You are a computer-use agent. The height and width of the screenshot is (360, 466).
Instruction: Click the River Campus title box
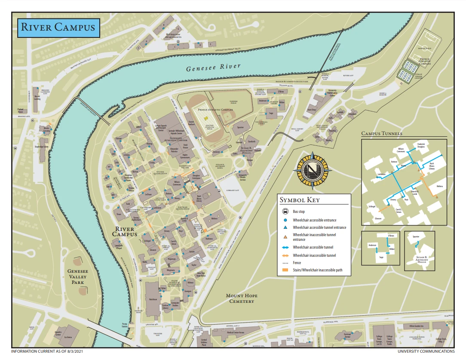pyautogui.click(x=58, y=28)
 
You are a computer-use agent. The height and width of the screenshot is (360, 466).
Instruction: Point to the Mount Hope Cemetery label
pyautogui.click(x=240, y=298)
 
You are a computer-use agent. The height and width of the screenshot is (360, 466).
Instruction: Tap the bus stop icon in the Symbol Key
pyautogui.click(x=285, y=212)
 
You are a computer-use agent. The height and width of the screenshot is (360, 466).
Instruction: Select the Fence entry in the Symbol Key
pyautogui.click(x=297, y=263)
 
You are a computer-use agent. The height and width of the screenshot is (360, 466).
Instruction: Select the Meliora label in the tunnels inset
pyautogui.click(x=439, y=186)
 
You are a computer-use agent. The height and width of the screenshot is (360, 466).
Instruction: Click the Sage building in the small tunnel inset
pyautogui.click(x=381, y=258)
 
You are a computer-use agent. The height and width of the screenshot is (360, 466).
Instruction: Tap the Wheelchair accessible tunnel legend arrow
pyautogui.click(x=285, y=247)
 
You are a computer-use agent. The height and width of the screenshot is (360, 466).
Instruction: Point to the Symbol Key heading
pyautogui.click(x=300, y=200)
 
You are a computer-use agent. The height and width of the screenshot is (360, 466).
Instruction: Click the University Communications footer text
pyautogui.click(x=426, y=351)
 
